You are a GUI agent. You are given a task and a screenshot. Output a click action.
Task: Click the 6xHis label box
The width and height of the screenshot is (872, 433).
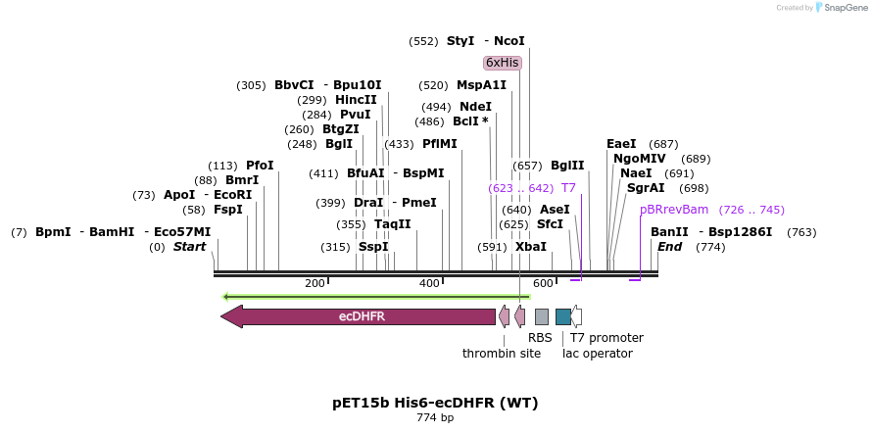click(502, 63)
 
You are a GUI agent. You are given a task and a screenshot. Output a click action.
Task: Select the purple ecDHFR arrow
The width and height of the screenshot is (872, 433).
click(359, 316)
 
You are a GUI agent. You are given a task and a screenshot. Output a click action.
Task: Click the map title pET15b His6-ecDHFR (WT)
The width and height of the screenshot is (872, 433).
click(435, 403)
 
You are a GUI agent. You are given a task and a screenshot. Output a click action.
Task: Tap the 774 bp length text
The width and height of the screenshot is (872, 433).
click(435, 418)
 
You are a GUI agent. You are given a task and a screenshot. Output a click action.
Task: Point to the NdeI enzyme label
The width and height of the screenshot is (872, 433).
click(475, 107)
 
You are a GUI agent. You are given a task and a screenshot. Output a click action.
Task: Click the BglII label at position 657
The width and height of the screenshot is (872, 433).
click(567, 166)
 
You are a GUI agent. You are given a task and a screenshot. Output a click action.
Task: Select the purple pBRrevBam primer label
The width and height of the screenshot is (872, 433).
click(673, 210)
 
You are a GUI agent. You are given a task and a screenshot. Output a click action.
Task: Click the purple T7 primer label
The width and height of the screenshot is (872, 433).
click(568, 187)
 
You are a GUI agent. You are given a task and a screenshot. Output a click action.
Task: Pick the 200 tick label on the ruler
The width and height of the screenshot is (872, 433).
click(315, 283)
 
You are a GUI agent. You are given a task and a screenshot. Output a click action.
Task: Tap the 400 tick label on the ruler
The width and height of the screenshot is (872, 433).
click(429, 283)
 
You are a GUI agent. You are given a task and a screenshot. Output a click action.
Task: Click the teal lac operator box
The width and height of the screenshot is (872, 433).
click(562, 316)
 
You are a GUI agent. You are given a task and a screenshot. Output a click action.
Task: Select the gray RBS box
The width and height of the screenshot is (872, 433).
click(541, 316)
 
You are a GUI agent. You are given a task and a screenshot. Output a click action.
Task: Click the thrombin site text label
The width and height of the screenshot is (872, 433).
click(501, 354)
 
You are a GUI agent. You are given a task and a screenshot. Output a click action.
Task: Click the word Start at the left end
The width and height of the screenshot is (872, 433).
click(190, 247)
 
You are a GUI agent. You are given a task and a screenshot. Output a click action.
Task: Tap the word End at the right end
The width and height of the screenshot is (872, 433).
click(670, 247)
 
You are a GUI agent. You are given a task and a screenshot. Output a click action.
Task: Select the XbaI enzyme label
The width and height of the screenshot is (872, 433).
click(531, 247)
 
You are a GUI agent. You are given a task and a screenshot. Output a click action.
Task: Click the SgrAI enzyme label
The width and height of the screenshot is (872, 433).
click(646, 188)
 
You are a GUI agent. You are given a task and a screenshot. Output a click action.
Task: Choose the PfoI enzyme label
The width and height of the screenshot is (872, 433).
click(260, 166)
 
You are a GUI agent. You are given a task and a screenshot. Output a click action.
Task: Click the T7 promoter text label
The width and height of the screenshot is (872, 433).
click(606, 337)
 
